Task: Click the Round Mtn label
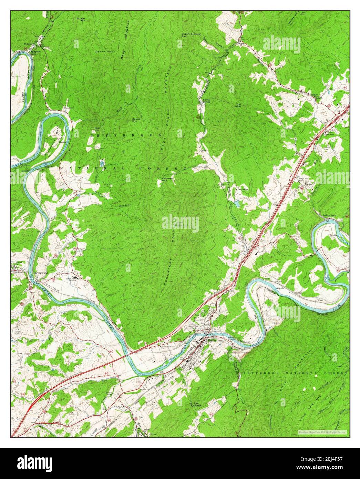(x=136, y=120)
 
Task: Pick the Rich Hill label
(x=97, y=129)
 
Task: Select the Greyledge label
(x=242, y=189)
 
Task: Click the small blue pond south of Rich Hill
(x=102, y=162)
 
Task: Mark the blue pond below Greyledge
(x=237, y=203)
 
